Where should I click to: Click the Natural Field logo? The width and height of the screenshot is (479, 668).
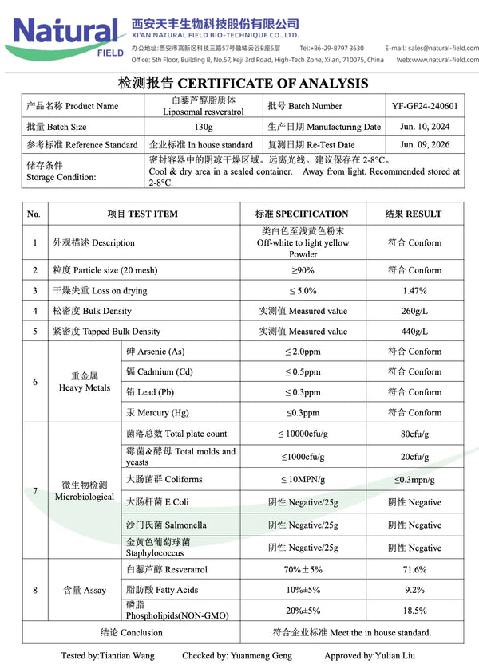(x=68, y=33)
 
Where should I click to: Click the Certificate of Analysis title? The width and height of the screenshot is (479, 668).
(x=243, y=83)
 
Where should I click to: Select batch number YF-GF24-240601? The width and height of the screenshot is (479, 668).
(x=425, y=106)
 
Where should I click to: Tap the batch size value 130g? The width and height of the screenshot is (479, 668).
(x=204, y=127)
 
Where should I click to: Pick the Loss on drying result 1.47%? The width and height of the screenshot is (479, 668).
(x=414, y=291)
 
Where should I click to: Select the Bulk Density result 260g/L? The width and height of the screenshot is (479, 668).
(x=414, y=311)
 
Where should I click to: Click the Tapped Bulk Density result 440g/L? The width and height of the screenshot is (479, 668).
(x=414, y=331)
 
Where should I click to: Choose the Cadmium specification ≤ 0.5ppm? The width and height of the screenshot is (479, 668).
(x=303, y=372)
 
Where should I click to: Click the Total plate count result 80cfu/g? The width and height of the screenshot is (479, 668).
(x=414, y=434)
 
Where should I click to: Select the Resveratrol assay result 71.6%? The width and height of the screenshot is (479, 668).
(x=414, y=570)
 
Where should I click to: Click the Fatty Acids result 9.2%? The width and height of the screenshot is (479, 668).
(x=414, y=591)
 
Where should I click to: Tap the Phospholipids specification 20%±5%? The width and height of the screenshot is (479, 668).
(x=303, y=611)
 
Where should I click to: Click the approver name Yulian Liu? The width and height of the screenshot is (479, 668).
(x=395, y=656)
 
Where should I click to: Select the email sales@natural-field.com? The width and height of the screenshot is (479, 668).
(x=443, y=48)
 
